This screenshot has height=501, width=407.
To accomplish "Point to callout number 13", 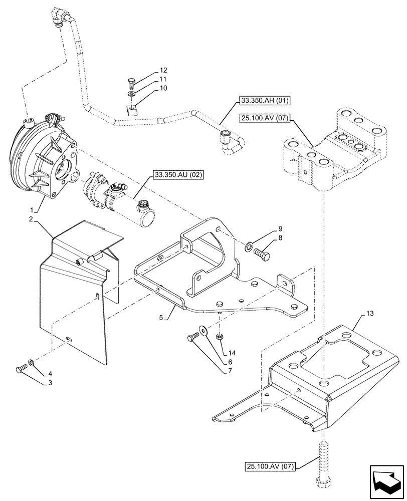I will click(x=370, y=314).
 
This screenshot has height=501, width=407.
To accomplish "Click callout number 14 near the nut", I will click(x=231, y=353).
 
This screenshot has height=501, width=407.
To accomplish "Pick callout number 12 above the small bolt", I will click(x=150, y=70).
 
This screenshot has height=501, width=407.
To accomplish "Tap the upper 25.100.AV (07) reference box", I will click(x=268, y=119).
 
